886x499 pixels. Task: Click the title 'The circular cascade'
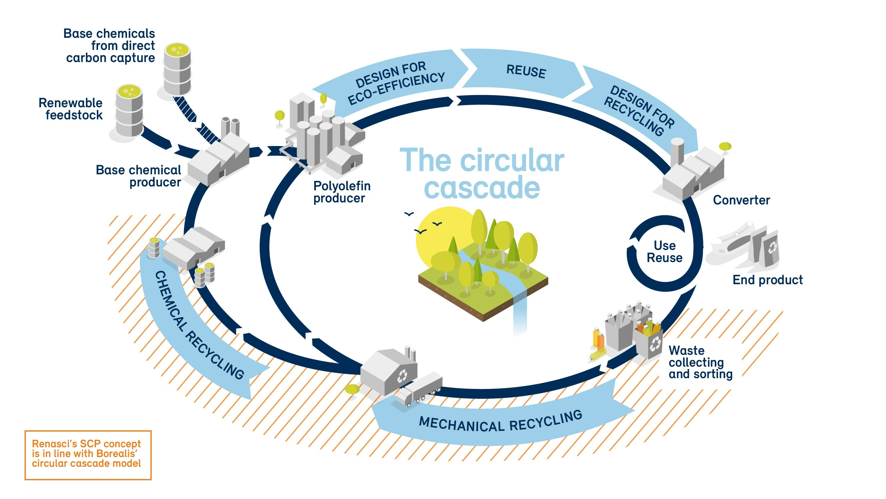point(482,174)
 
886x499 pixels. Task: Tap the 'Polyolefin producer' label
point(342,192)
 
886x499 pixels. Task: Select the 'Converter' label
point(741,200)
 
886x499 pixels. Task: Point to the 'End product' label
point(767,280)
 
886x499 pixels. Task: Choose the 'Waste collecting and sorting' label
point(700,363)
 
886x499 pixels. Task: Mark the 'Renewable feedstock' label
point(71,109)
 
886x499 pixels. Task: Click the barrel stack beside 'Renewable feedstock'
point(129,112)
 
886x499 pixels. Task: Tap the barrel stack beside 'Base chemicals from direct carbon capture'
point(177,69)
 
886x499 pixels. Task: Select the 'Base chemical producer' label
point(138,176)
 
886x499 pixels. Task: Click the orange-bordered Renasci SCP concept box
point(88,455)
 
